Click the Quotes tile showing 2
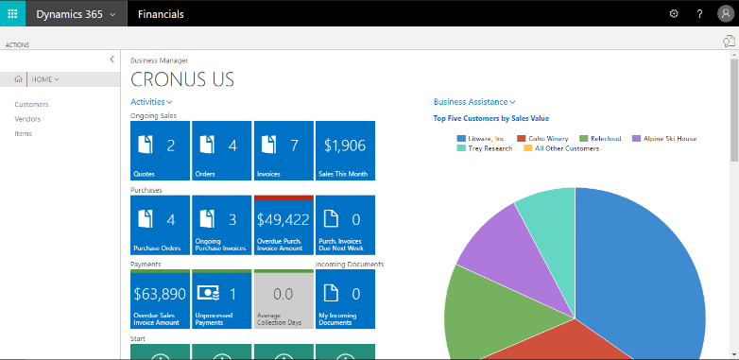[159, 150]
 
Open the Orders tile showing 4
[221, 150]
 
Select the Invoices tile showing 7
[283, 150]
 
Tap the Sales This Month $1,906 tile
[345, 150]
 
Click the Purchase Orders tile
[159, 225]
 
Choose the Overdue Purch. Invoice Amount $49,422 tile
[283, 225]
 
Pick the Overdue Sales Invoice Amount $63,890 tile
[159, 299]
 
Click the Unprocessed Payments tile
[221, 299]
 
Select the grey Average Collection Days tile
[283, 299]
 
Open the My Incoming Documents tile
[345, 299]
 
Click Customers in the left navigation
[31, 104]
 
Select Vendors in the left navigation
[27, 119]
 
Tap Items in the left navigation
[24, 134]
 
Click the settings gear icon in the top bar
[674, 14]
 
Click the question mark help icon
[699, 14]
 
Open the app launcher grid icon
[13, 14]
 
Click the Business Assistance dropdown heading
[474, 101]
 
